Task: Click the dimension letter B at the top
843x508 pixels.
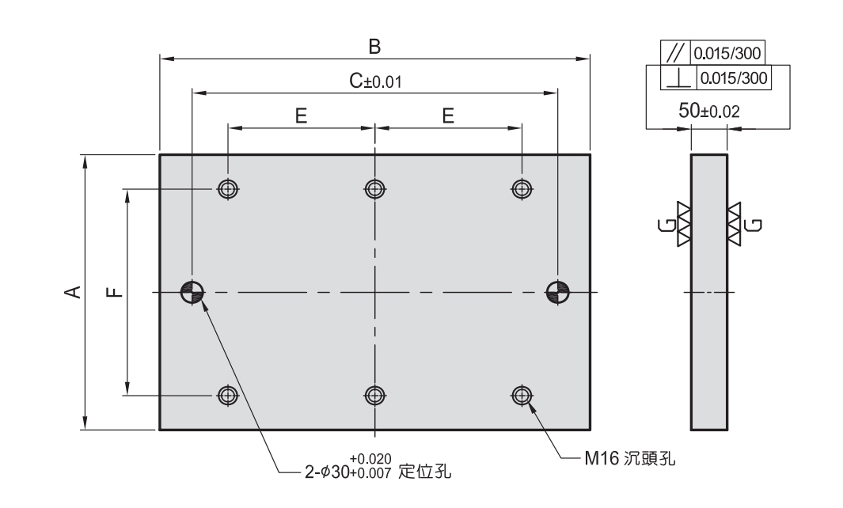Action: [x=375, y=47]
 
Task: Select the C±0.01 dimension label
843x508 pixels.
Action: [x=371, y=81]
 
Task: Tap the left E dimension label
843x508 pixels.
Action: [x=301, y=116]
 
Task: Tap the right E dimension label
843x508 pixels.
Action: [x=448, y=116]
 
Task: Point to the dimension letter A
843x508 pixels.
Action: [x=72, y=292]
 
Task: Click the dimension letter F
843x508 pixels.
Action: [x=116, y=292]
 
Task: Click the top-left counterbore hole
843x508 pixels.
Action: [x=228, y=188]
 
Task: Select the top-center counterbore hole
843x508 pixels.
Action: [x=374, y=188]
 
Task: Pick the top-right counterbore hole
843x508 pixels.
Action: [x=521, y=188]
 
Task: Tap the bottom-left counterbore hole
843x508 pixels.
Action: [x=228, y=394]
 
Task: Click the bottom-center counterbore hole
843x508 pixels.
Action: [x=374, y=394]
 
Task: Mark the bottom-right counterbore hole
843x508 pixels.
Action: [x=521, y=394]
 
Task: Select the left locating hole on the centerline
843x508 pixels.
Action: [x=192, y=292]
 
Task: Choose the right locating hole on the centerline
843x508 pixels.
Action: [x=557, y=292]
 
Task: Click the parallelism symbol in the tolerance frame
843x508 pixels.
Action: [x=675, y=53]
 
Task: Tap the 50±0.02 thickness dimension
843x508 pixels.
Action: [x=709, y=112]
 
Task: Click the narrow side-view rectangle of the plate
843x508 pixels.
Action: [x=709, y=292]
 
